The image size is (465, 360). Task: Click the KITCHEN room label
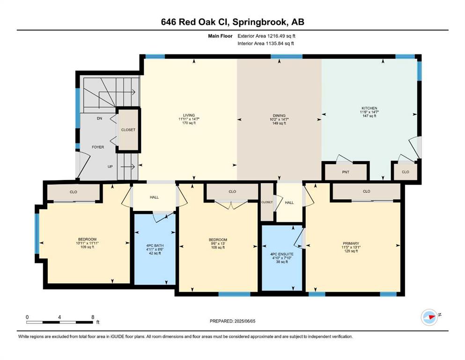pyautogui.click(x=369, y=108)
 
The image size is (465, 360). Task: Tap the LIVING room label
pyautogui.click(x=189, y=115)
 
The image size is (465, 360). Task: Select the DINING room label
pyautogui.click(x=279, y=116)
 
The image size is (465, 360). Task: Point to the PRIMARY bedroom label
pyautogui.click(x=351, y=243)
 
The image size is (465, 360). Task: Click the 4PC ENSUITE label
pyautogui.click(x=282, y=255)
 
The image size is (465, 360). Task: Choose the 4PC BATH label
pyautogui.click(x=155, y=246)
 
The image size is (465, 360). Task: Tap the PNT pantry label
pyautogui.click(x=346, y=172)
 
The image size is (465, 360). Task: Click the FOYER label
pyautogui.click(x=98, y=147)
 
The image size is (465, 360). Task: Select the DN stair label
pyautogui.click(x=99, y=119)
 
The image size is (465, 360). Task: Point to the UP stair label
pyautogui.click(x=110, y=167)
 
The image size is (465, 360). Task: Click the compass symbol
pyautogui.click(x=429, y=317)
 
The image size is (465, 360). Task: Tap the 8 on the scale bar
pyautogui.click(x=93, y=317)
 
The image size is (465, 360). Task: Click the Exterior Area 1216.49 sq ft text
pyautogui.click(x=266, y=36)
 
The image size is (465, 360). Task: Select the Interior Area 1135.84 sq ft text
pyautogui.click(x=266, y=43)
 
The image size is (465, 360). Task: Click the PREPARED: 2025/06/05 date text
pyautogui.click(x=232, y=321)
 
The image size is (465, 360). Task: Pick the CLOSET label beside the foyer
pyautogui.click(x=128, y=130)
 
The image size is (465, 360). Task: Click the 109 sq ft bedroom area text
pyautogui.click(x=87, y=247)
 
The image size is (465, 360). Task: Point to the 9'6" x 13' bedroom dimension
pyautogui.click(x=218, y=244)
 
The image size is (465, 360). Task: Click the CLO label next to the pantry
pyautogui.click(x=406, y=172)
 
